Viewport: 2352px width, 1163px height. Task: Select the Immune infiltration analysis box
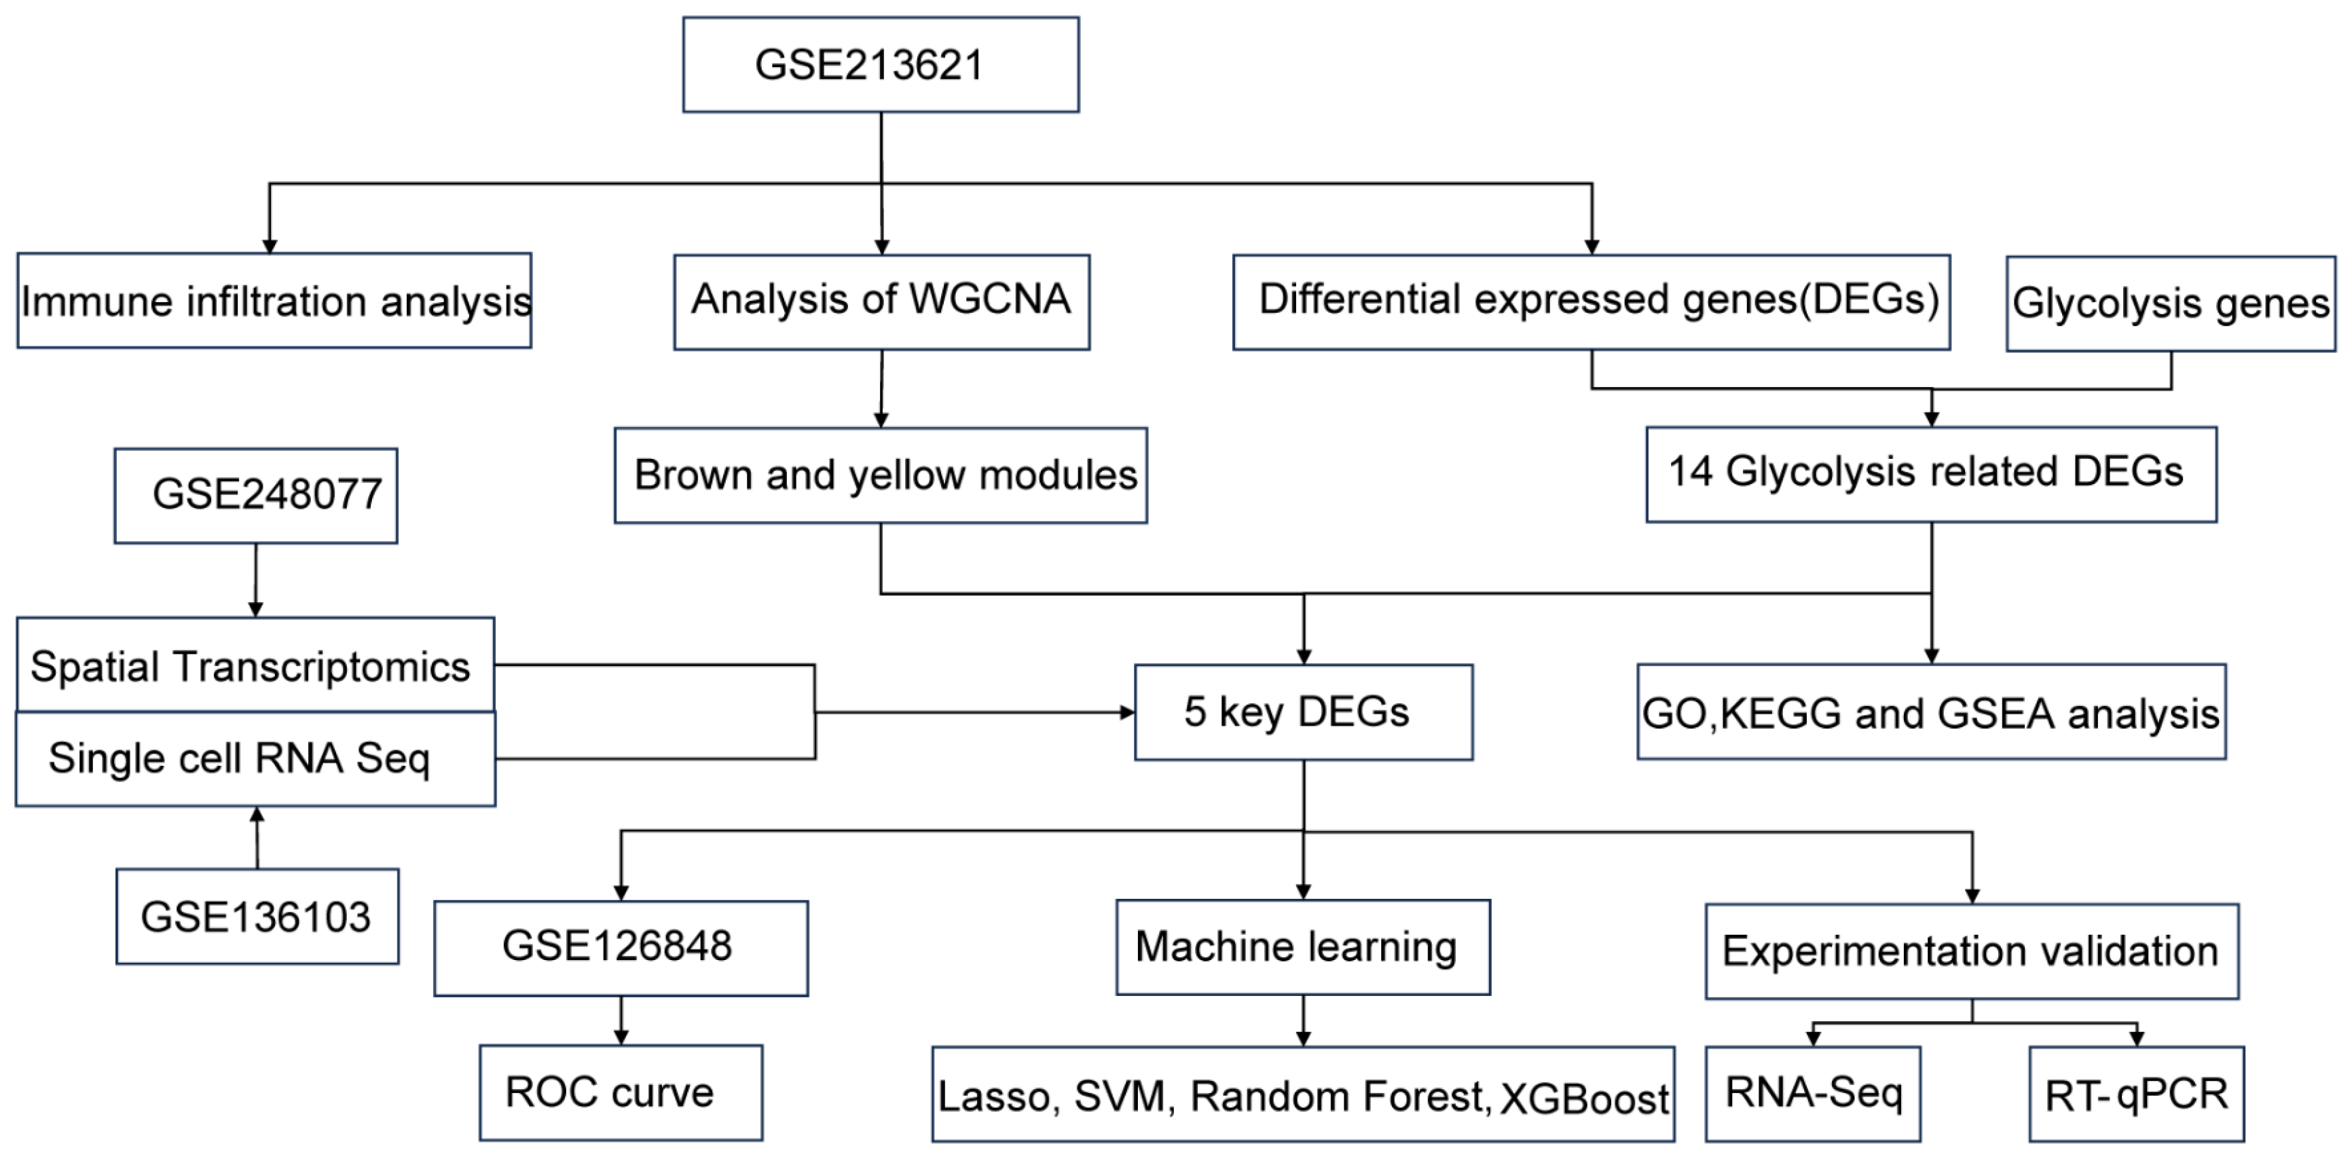click(x=274, y=300)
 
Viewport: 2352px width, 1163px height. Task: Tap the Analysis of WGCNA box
click(x=881, y=301)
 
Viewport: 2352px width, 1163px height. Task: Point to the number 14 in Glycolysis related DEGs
click(x=1690, y=472)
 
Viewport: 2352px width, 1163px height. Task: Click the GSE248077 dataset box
click(x=256, y=495)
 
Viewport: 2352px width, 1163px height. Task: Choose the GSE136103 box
click(x=257, y=916)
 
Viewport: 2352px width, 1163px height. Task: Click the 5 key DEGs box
click(x=1303, y=712)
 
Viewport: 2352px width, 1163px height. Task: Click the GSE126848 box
click(x=620, y=946)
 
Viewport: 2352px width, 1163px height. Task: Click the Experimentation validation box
click(x=1971, y=951)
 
